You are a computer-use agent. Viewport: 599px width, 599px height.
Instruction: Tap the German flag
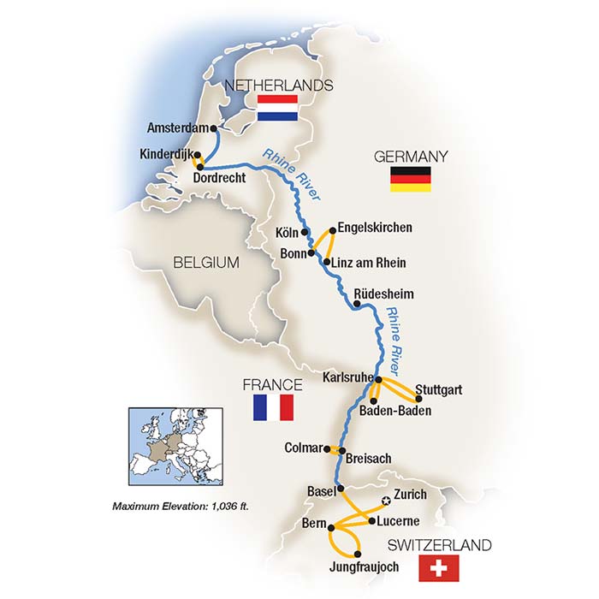click(x=411, y=178)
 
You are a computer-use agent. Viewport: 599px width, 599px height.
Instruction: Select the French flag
click(x=273, y=407)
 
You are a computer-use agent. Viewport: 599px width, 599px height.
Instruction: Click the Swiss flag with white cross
click(x=439, y=567)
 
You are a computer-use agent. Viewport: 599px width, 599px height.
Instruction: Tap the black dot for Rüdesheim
click(x=356, y=304)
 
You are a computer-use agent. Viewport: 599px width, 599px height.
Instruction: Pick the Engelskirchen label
click(x=376, y=228)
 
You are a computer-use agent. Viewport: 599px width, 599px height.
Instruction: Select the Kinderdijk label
click(x=165, y=155)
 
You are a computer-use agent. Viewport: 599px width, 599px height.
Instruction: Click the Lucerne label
click(x=399, y=520)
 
